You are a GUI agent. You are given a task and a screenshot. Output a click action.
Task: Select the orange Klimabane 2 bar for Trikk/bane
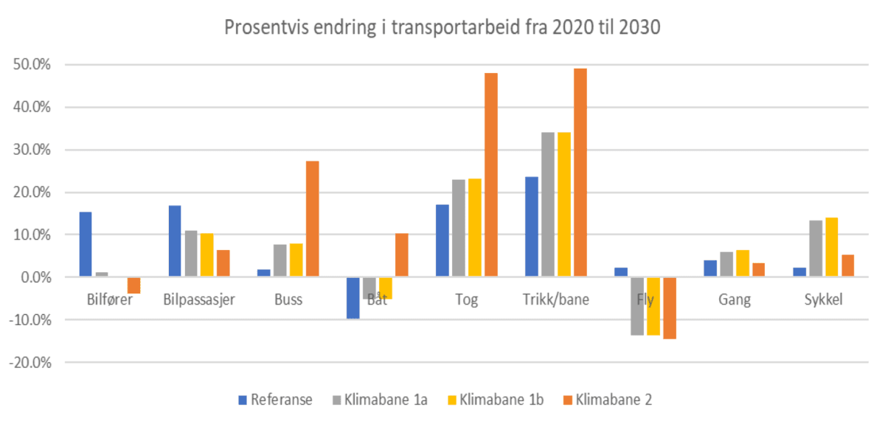pyautogui.click(x=580, y=173)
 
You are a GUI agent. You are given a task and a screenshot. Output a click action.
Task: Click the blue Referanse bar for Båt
pyautogui.click(x=353, y=298)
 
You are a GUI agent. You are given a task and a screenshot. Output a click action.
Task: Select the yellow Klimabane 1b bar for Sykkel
pyautogui.click(x=832, y=248)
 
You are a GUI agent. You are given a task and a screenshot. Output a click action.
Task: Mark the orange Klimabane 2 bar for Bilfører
pyautogui.click(x=133, y=285)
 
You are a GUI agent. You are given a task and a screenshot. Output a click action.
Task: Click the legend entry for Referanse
pyautogui.click(x=274, y=400)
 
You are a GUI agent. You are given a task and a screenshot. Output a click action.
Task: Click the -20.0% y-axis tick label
pyautogui.click(x=29, y=363)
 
